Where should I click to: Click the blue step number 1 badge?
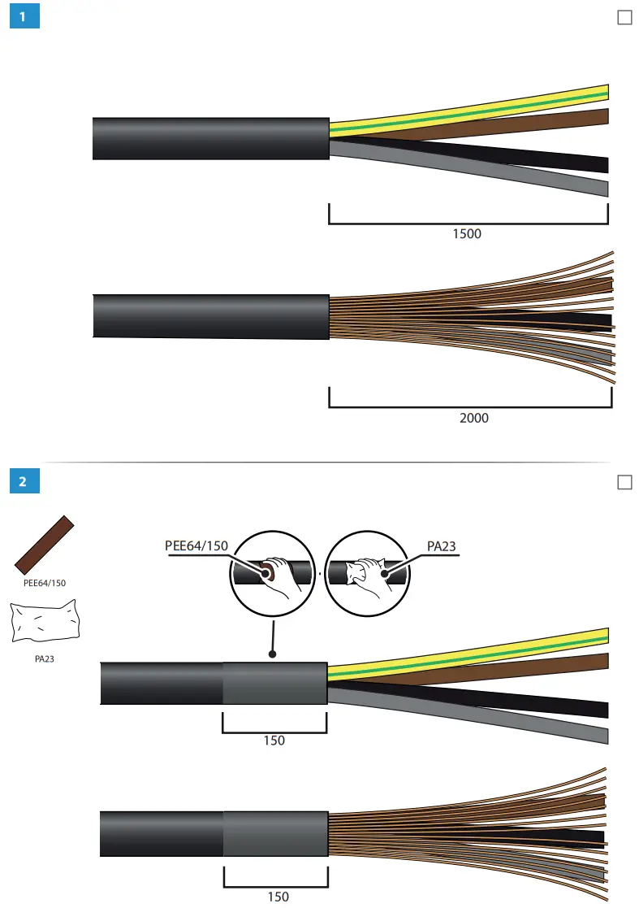(x=24, y=17)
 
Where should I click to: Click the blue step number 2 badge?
(x=24, y=481)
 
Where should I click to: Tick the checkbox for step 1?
(x=624, y=18)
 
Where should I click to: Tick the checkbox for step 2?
(x=624, y=482)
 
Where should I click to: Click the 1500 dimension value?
(x=467, y=234)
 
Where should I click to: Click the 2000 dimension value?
(x=473, y=418)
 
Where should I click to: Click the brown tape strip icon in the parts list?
(x=44, y=545)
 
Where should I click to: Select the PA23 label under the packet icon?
(x=44, y=659)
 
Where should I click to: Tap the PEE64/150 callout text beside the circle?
(x=196, y=546)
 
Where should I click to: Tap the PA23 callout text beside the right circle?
(x=441, y=546)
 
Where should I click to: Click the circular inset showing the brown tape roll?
(x=272, y=573)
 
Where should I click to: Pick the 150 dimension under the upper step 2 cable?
(x=274, y=741)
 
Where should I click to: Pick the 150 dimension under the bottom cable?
(x=278, y=897)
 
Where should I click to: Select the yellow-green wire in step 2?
(x=487, y=654)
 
